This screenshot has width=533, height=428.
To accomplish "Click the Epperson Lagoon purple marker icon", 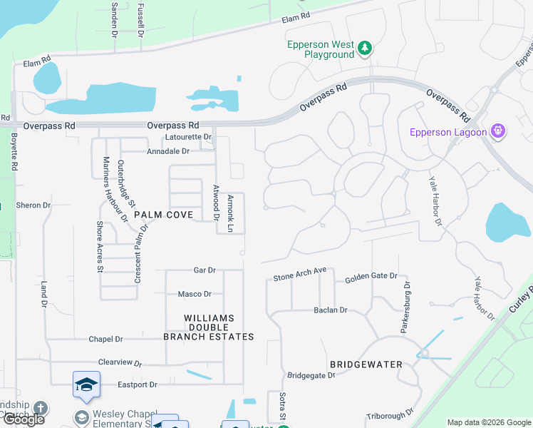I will [x=498, y=131].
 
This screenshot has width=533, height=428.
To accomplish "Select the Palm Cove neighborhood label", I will [x=159, y=215].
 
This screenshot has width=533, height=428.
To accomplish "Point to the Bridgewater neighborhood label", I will [x=366, y=364].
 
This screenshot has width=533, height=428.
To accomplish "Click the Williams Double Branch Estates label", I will [x=209, y=327].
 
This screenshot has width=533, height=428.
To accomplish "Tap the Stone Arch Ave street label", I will [x=300, y=275].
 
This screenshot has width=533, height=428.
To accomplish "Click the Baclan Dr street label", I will [x=331, y=310].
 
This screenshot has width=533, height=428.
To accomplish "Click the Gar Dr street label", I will [x=205, y=270].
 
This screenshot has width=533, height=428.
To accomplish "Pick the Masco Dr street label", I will [x=195, y=294].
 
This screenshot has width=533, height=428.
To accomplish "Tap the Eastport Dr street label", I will [x=138, y=384].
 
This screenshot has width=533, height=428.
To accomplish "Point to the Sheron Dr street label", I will [x=33, y=205].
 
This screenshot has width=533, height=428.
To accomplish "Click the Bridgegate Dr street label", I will [x=311, y=375].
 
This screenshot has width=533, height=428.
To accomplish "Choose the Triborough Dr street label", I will [x=390, y=414].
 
